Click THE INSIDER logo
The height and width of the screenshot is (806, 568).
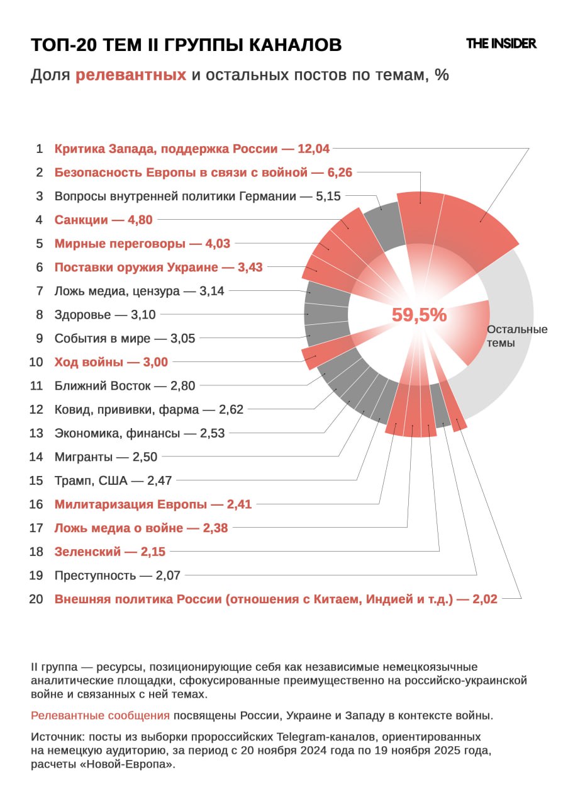click(x=501, y=43)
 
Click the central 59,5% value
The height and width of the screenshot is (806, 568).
click(x=419, y=315)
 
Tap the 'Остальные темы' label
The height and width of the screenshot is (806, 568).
click(x=517, y=336)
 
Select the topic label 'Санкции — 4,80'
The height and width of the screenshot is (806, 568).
click(x=103, y=220)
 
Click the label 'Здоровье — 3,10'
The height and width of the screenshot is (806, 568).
click(x=105, y=315)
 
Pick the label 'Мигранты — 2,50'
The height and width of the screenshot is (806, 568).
click(x=106, y=457)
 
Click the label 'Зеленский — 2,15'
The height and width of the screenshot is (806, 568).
click(x=109, y=552)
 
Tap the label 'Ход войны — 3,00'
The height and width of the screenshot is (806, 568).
click(x=111, y=362)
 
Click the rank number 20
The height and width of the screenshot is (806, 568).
click(x=36, y=599)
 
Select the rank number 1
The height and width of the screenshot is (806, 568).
click(x=39, y=149)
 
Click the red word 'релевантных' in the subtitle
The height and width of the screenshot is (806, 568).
click(x=131, y=76)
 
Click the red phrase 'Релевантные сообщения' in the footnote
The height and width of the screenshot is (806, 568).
click(x=100, y=716)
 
